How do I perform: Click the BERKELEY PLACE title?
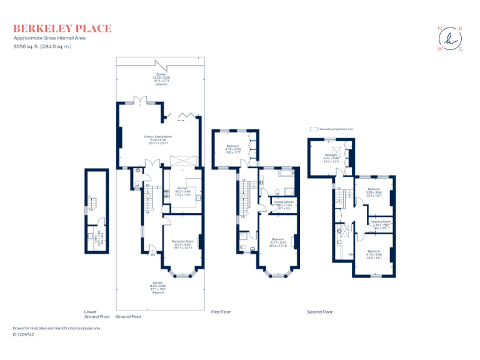coord(62,28)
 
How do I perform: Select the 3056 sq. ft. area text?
coord(42,46)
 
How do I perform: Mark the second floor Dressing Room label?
coord(380,224)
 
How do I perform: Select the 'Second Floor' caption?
coord(320,311)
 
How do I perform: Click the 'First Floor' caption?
coord(221,311)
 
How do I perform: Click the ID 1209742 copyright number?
coord(24,334)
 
